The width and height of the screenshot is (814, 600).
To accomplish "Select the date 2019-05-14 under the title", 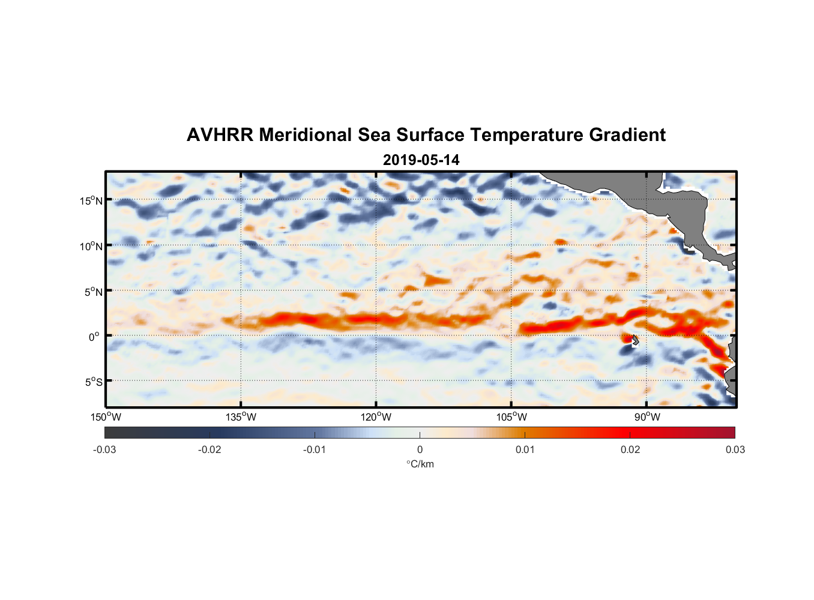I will (x=421, y=160).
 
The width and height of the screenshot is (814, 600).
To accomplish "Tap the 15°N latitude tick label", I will (x=91, y=200).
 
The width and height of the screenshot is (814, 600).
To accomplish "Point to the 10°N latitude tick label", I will (x=91, y=246).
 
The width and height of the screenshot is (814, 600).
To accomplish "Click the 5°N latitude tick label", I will (x=93, y=292).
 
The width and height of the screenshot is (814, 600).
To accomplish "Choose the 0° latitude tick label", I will (x=94, y=337).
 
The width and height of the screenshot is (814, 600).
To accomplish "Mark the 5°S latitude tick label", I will (x=93, y=382).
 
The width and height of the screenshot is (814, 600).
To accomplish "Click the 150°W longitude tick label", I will (x=106, y=417).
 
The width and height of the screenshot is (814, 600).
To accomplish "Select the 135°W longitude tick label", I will (x=241, y=417).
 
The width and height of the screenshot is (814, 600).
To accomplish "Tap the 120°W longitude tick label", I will (x=376, y=417).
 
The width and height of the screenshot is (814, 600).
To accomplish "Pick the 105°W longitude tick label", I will (x=511, y=417).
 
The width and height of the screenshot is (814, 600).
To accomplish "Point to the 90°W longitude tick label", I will (x=647, y=417).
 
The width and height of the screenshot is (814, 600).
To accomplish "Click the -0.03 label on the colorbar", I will (x=104, y=449).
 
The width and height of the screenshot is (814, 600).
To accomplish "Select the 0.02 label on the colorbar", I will (x=630, y=449).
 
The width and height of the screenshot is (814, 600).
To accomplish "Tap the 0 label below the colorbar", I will (x=420, y=449).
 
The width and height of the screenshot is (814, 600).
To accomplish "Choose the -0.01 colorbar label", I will (x=314, y=449).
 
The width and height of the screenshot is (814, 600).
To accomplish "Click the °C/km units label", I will (x=420, y=464).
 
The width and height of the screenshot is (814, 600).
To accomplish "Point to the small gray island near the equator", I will (x=635, y=340).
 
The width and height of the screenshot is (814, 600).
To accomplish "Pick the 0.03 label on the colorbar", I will (x=735, y=449).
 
